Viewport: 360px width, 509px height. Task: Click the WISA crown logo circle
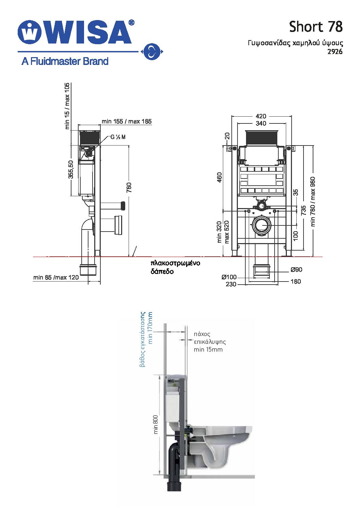pyautogui.click(x=29, y=32)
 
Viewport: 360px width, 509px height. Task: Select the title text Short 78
pyautogui.click(x=316, y=27)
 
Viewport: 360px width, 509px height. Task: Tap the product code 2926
pyautogui.click(x=335, y=52)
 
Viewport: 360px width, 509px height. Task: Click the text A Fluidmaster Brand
pyautogui.click(x=65, y=61)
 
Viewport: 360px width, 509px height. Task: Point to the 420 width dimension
pyautogui.click(x=261, y=116)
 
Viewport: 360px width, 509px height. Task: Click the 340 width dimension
pyautogui.click(x=261, y=123)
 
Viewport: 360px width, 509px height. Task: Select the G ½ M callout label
pyautogui.click(x=118, y=137)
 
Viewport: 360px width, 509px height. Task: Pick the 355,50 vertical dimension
pyautogui.click(x=71, y=169)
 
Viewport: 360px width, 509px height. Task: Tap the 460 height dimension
pyautogui.click(x=219, y=177)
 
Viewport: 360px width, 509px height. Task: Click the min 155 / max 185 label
pyautogui.click(x=127, y=121)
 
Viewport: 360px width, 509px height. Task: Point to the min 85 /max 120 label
pyautogui.click(x=56, y=277)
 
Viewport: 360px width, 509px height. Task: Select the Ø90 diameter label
pyautogui.click(x=296, y=270)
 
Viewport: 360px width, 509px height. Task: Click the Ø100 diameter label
pyautogui.click(x=229, y=277)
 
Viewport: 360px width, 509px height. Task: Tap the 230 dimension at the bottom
pyautogui.click(x=231, y=284)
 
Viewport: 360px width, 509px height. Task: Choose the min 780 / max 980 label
pyautogui.click(x=313, y=202)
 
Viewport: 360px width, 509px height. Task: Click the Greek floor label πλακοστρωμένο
pyautogui.click(x=175, y=263)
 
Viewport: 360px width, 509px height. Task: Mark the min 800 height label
pyautogui.click(x=156, y=425)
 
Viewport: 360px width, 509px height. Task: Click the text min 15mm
pyautogui.click(x=208, y=350)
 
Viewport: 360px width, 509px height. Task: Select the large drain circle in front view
pyautogui.click(x=262, y=225)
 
